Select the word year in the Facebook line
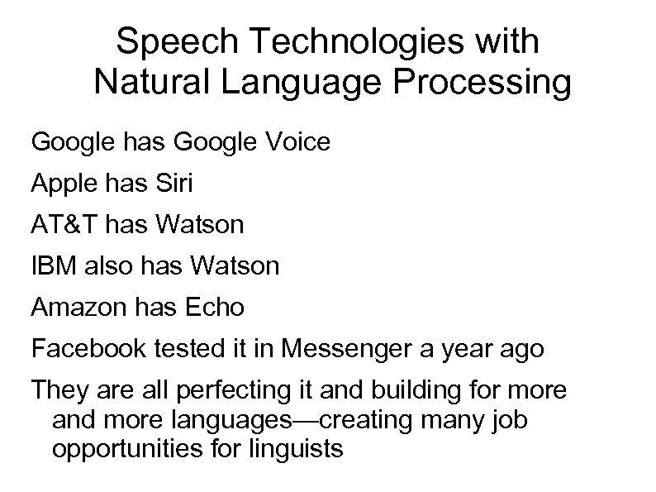click(463, 350)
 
